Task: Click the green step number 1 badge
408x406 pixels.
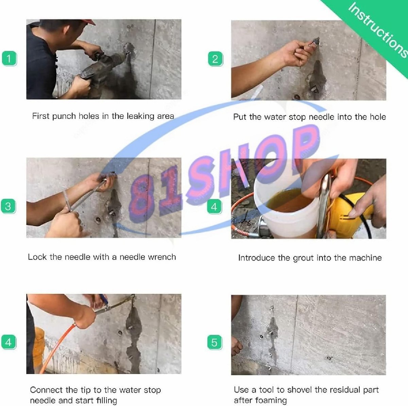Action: pos(9,58)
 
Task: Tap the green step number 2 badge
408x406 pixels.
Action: pos(215,59)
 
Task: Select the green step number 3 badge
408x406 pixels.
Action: pos(8,206)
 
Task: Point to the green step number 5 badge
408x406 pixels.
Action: pos(215,343)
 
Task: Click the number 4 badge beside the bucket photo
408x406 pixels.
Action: pos(214,207)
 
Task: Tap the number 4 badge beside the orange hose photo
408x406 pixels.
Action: pos(9,342)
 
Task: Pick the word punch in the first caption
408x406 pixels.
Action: pos(64,116)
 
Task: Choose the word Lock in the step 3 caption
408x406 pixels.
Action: pos(37,257)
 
